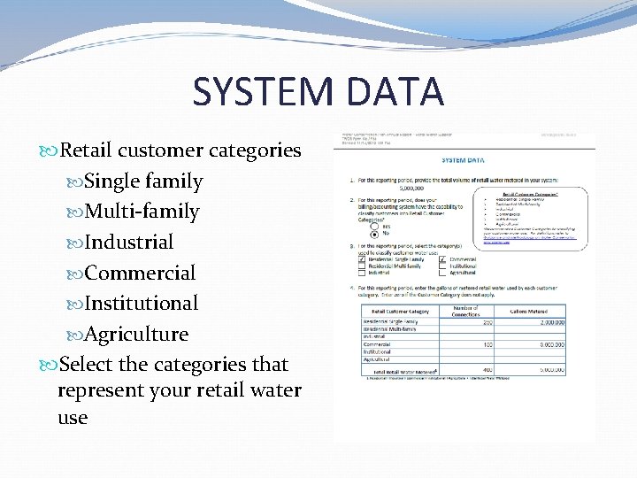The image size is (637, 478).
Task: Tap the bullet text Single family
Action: [x=143, y=181]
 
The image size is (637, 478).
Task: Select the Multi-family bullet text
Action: [x=142, y=212]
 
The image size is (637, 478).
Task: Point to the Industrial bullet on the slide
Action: [x=129, y=242]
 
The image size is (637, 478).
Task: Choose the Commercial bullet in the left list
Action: [x=140, y=273]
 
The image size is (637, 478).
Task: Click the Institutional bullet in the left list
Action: [x=142, y=303]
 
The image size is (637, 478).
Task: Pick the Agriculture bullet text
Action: [x=136, y=334]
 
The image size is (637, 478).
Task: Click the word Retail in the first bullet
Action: [x=86, y=150]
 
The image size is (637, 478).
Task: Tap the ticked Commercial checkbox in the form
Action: [x=441, y=259]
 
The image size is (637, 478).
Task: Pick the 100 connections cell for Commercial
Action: [x=487, y=343]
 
